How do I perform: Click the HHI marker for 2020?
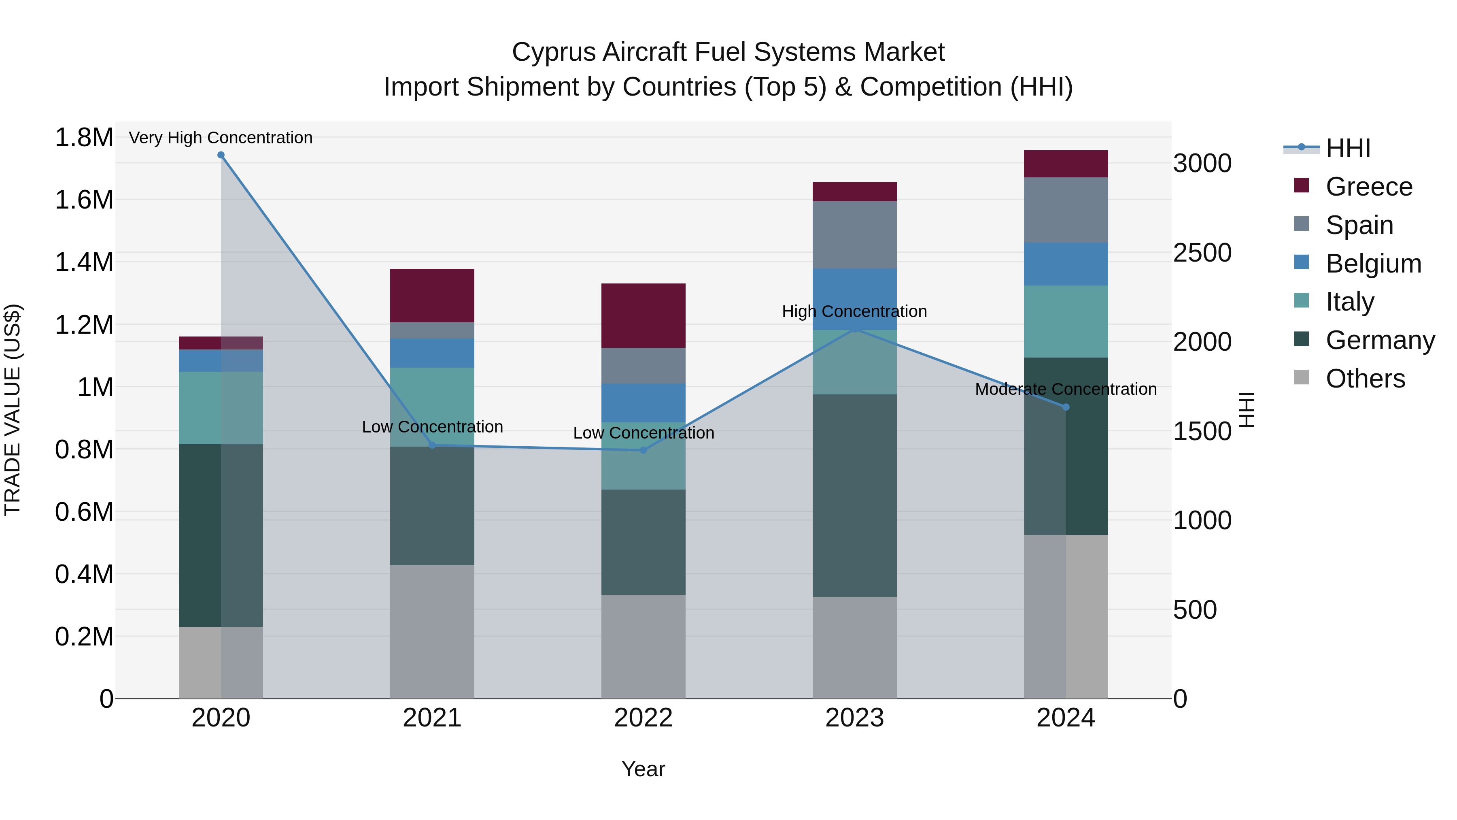coord(221,155)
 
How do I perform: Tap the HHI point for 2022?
coord(643,450)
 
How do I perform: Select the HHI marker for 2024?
coord(1066,407)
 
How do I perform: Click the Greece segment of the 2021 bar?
coord(432,296)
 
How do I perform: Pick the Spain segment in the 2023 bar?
coord(855,235)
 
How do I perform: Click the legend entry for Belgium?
coord(1373,264)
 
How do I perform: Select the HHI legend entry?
coord(1347,148)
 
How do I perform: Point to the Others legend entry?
coord(1365,379)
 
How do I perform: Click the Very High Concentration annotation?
coord(221,138)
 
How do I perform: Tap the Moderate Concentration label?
coord(1066,389)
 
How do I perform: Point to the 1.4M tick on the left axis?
coord(84,262)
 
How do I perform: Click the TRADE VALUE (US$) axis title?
coord(13,410)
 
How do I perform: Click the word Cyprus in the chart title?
coord(553,52)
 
